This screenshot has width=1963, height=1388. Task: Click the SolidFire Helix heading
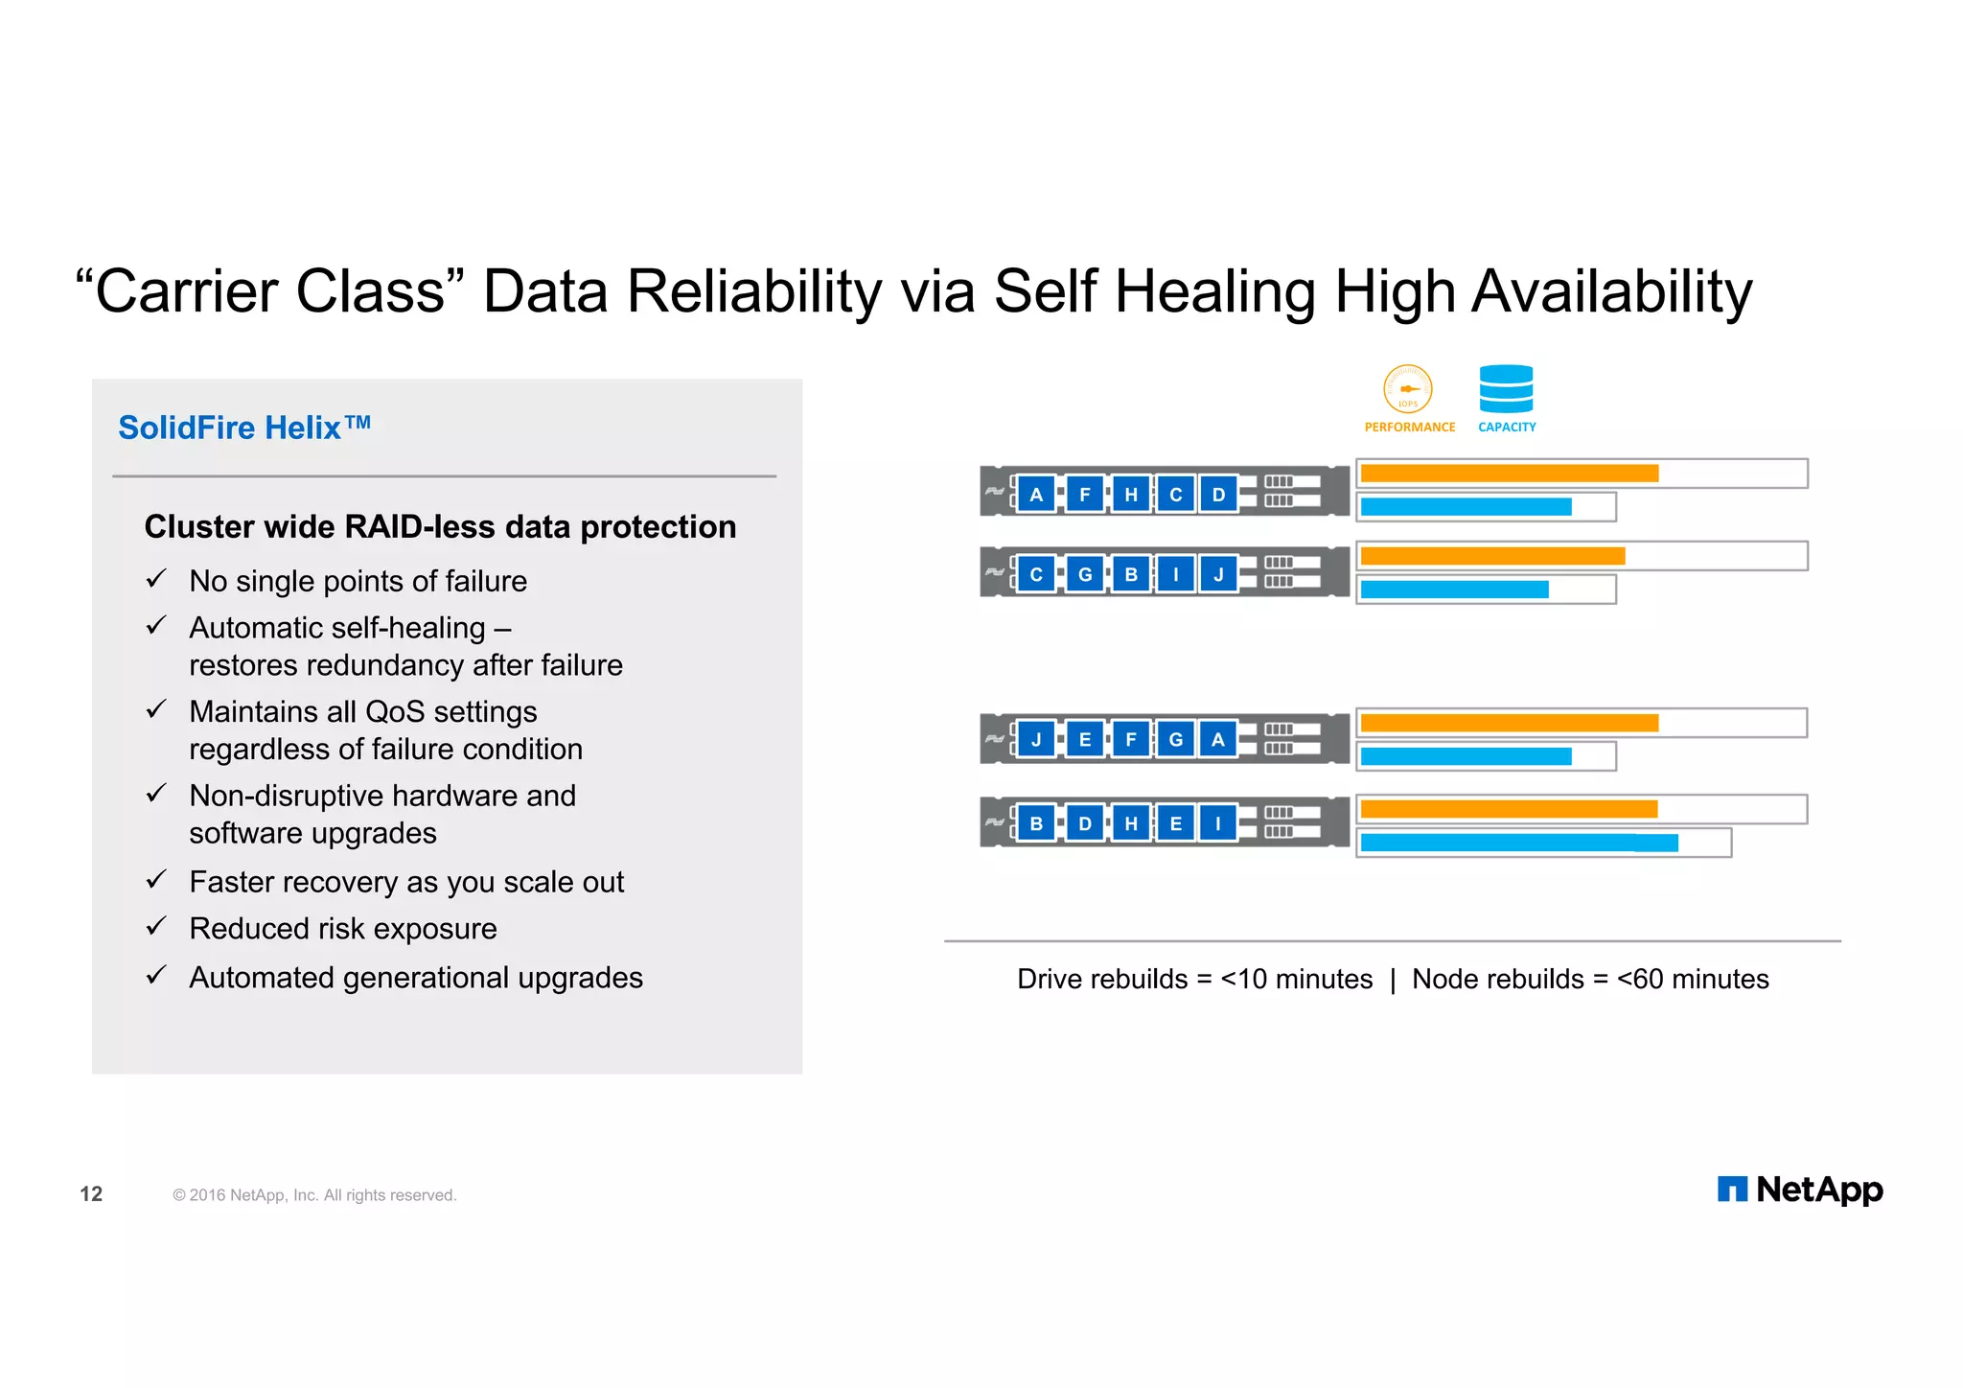click(243, 428)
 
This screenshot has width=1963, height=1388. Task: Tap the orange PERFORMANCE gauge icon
click(1407, 389)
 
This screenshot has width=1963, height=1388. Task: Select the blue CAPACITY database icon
click(1506, 388)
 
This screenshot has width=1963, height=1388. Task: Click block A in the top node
click(1036, 495)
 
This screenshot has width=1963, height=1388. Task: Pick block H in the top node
click(1131, 495)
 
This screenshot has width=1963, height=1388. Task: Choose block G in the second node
click(1085, 574)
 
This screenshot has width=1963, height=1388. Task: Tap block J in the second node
click(1218, 574)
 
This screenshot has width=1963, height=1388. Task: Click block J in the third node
click(1036, 739)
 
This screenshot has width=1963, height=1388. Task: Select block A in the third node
click(1218, 739)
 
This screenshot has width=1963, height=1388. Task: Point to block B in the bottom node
click(1036, 823)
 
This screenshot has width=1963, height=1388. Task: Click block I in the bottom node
click(1218, 823)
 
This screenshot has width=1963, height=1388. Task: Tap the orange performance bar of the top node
click(1509, 474)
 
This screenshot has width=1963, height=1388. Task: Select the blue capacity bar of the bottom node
click(1518, 843)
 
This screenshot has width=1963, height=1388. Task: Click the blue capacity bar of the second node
click(1454, 590)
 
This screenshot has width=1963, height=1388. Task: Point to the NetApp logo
click(1800, 1190)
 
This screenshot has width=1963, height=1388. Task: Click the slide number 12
click(91, 1194)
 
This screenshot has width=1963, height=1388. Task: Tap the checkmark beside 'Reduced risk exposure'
click(156, 927)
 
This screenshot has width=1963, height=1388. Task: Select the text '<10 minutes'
click(1296, 979)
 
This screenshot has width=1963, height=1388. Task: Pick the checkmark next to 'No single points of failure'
click(156, 580)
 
